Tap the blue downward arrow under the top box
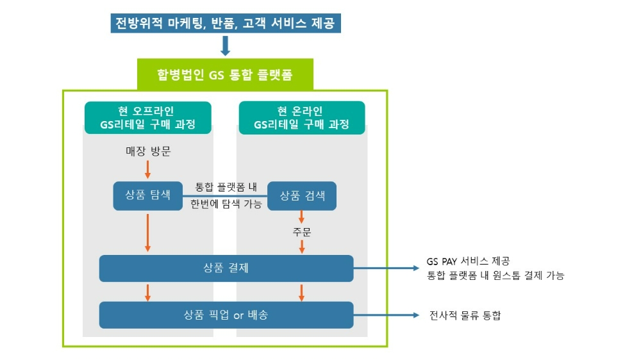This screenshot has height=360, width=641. click(x=225, y=46)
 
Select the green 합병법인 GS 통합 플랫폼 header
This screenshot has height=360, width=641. click(x=225, y=75)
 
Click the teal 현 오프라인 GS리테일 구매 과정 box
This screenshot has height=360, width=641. click(x=148, y=117)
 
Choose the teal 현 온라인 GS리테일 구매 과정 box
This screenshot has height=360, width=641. click(x=302, y=117)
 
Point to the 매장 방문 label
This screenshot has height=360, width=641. click(x=148, y=152)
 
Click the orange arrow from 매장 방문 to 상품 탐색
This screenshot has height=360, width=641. click(x=148, y=170)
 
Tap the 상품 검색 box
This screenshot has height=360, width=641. click(x=302, y=195)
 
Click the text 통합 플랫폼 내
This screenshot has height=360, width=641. click(x=226, y=188)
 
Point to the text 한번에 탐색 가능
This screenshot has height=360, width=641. click(x=225, y=204)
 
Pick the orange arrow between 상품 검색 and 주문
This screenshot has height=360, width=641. click(x=302, y=217)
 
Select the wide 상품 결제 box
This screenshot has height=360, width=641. click(x=226, y=268)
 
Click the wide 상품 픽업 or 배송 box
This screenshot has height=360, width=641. click(x=226, y=315)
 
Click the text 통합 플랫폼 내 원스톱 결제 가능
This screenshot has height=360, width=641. click(x=495, y=275)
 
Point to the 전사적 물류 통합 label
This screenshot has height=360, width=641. click(x=465, y=315)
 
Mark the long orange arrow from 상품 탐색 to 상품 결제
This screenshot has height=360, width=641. click(x=148, y=231)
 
